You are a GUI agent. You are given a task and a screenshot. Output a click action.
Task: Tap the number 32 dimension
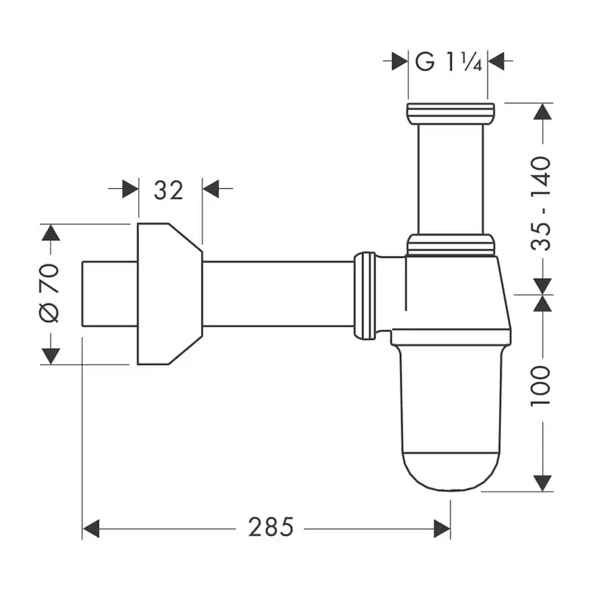168,190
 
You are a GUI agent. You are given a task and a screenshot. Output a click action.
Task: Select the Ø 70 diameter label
49,293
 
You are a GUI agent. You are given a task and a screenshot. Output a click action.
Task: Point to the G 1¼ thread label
448,61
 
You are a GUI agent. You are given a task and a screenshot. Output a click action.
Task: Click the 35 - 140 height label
541,204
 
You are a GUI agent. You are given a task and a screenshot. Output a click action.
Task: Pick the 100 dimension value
541,385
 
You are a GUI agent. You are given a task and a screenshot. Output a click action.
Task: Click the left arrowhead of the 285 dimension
90,529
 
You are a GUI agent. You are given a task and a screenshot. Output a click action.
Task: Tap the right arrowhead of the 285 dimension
442,529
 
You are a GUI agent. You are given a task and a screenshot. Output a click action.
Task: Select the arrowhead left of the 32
130,189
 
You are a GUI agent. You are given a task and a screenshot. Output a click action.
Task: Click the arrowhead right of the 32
211,189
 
